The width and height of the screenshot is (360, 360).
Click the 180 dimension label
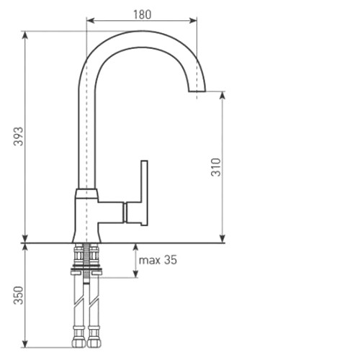143,14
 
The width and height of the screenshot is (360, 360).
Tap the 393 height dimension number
19,136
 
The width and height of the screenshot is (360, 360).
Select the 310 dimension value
216,167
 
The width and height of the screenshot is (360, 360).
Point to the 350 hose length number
19,295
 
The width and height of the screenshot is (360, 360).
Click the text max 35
158,260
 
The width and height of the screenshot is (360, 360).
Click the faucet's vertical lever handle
144,193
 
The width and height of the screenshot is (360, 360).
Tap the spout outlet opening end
197,91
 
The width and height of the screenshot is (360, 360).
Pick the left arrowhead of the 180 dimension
90,21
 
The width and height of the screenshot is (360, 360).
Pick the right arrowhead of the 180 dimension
193,21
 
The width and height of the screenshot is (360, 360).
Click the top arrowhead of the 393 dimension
25,35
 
